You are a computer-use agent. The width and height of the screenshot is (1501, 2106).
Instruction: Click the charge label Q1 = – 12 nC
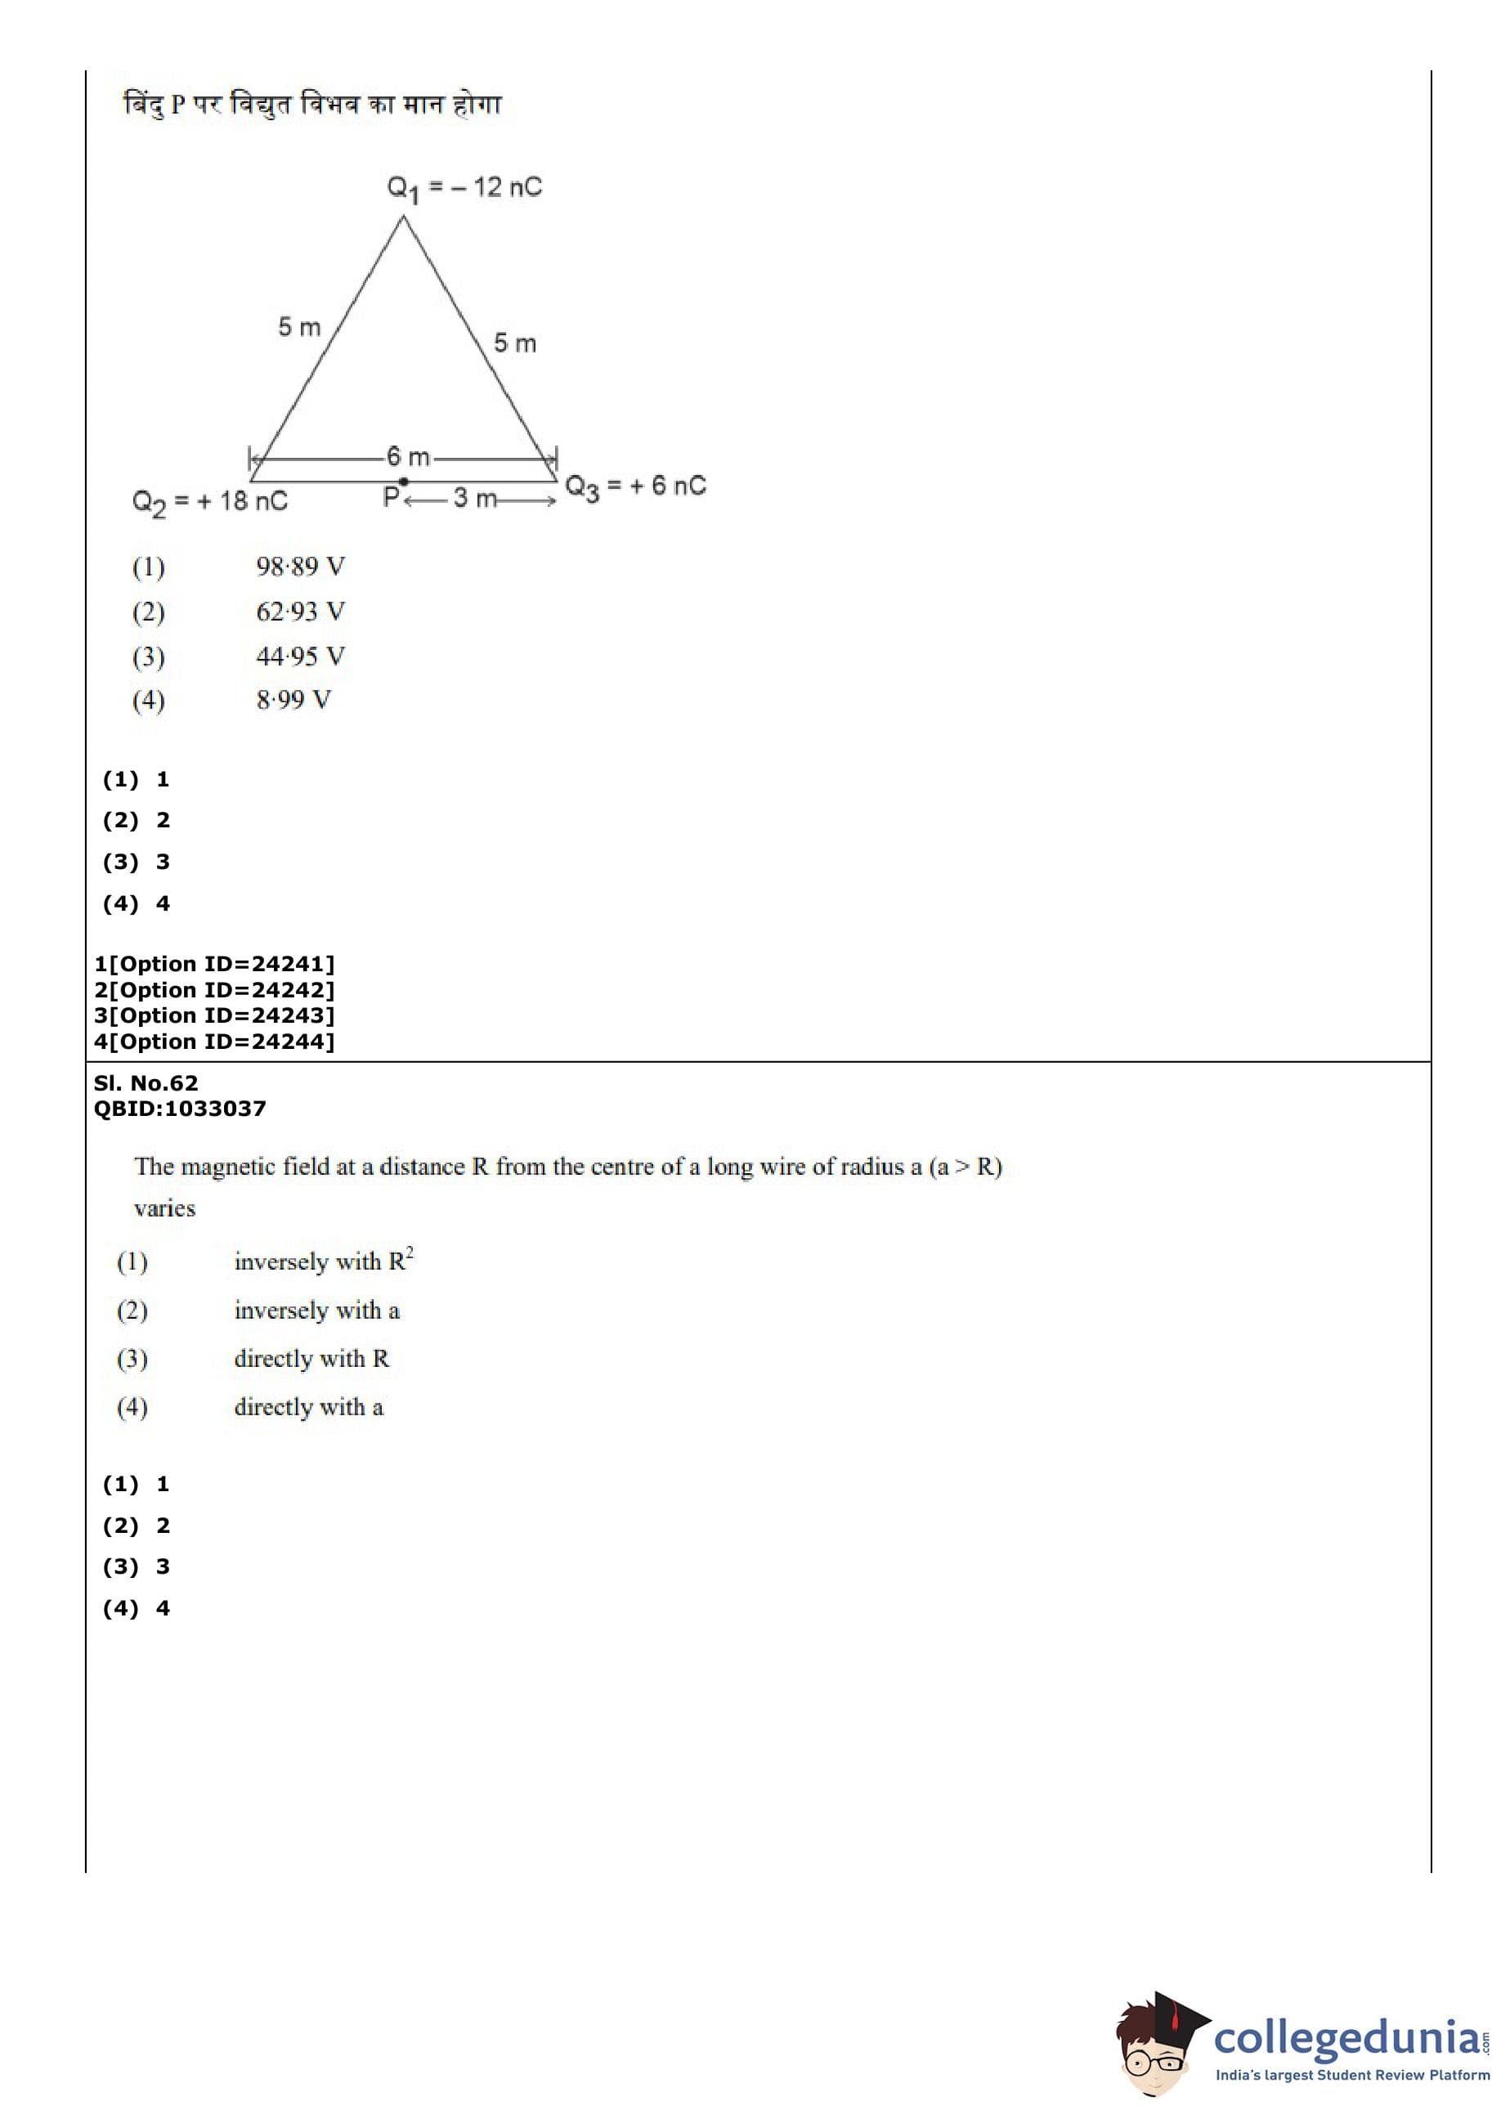464,189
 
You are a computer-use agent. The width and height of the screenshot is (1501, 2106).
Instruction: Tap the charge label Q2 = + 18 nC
210,502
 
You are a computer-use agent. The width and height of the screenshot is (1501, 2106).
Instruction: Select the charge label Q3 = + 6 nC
635,487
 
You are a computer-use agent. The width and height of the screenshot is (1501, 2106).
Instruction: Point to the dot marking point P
404,482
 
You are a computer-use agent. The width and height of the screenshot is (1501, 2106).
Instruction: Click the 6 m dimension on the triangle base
408,456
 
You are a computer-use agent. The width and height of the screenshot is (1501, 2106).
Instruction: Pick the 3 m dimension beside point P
474,499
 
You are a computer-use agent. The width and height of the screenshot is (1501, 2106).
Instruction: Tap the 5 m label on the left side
299,327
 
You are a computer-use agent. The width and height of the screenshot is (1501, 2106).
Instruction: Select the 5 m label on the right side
515,343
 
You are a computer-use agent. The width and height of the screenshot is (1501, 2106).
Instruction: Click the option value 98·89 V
300,567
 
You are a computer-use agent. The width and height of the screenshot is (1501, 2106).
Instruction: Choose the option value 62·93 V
300,612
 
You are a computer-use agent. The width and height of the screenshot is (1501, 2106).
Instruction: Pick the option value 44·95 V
300,656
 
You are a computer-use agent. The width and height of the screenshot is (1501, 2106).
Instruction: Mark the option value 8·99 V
293,700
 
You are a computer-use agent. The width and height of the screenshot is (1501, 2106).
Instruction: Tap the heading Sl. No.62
146,1083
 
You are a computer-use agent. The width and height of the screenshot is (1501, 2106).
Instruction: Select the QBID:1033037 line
179,1109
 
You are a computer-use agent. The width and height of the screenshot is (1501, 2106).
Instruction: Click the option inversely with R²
324,1261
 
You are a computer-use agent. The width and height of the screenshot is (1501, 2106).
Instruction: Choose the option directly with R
311,1359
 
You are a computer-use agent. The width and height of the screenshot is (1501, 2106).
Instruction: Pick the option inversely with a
316,1311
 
